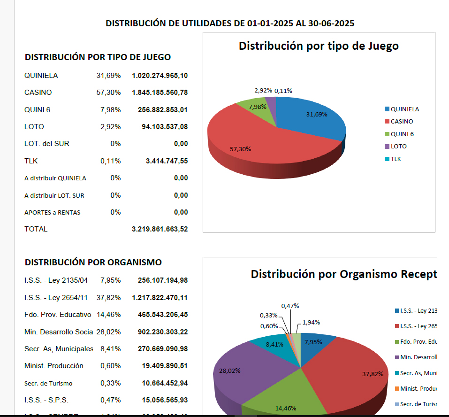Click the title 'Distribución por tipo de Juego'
tap(319, 46)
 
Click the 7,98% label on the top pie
tap(257, 107)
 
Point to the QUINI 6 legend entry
tap(402, 134)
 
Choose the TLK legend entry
tap(396, 159)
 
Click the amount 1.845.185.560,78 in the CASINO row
tap(160, 93)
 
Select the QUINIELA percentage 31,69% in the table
tap(108, 76)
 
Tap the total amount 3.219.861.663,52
tap(160, 229)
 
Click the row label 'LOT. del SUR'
tap(47, 144)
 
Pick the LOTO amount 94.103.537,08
tap(165, 127)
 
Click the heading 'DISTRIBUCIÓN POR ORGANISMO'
tap(93, 262)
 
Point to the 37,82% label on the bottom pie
tap(373, 374)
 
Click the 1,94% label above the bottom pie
tap(311, 323)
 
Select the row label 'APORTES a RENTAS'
tap(53, 212)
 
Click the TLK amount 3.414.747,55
tap(167, 161)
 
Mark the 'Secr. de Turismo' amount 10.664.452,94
tap(165, 383)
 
